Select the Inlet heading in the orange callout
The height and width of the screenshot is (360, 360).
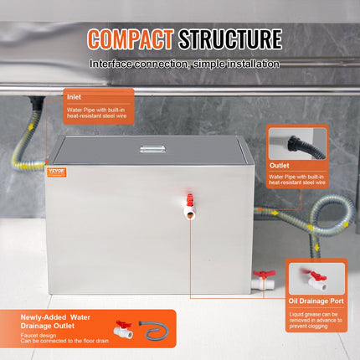coord(75,96)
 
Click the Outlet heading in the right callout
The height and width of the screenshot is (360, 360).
coord(280,166)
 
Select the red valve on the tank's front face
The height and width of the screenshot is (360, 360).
coord(191,202)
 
